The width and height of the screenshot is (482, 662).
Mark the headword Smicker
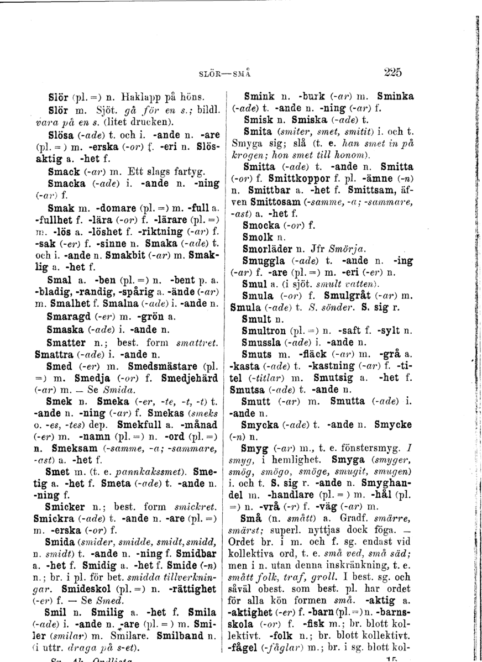(x=67, y=498)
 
